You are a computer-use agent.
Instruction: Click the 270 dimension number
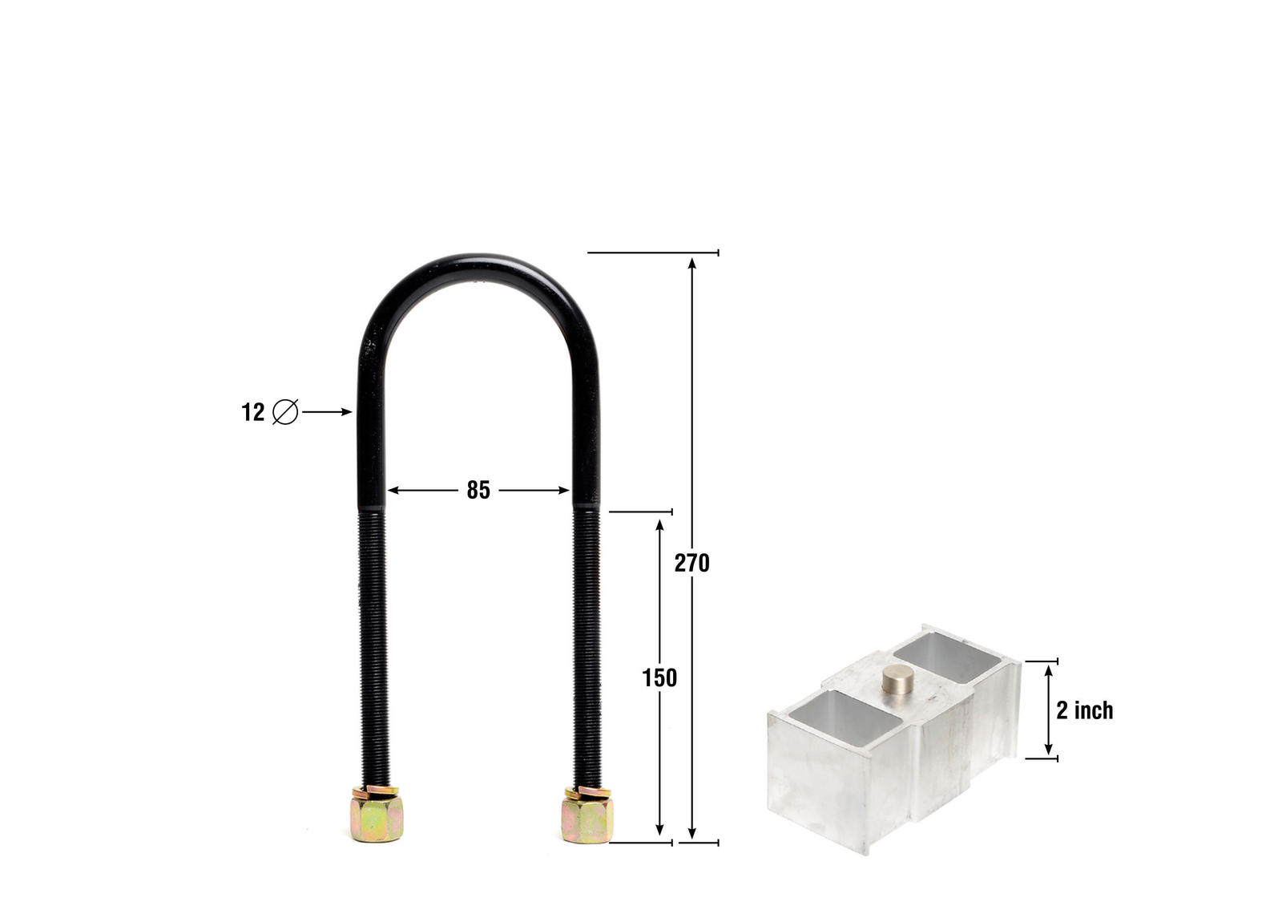(x=691, y=564)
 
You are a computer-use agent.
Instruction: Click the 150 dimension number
(x=659, y=678)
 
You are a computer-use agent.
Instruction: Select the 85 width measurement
(x=478, y=490)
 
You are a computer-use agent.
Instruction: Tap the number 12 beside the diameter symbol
(x=252, y=412)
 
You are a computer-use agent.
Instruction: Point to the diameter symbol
(x=285, y=412)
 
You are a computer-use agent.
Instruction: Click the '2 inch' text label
(x=1084, y=710)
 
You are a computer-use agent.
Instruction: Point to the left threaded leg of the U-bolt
(x=373, y=641)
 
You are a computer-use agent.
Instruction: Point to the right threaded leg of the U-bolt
(x=586, y=641)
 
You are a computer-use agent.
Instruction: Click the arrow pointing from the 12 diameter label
(x=327, y=412)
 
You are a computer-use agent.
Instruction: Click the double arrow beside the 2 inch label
(x=1048, y=710)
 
